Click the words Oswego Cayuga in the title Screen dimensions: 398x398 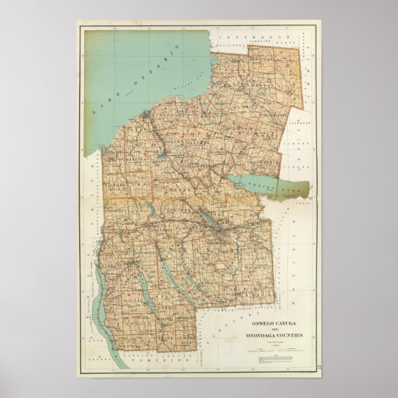coord(275,324)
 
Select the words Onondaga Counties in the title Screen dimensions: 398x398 coord(279,336)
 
